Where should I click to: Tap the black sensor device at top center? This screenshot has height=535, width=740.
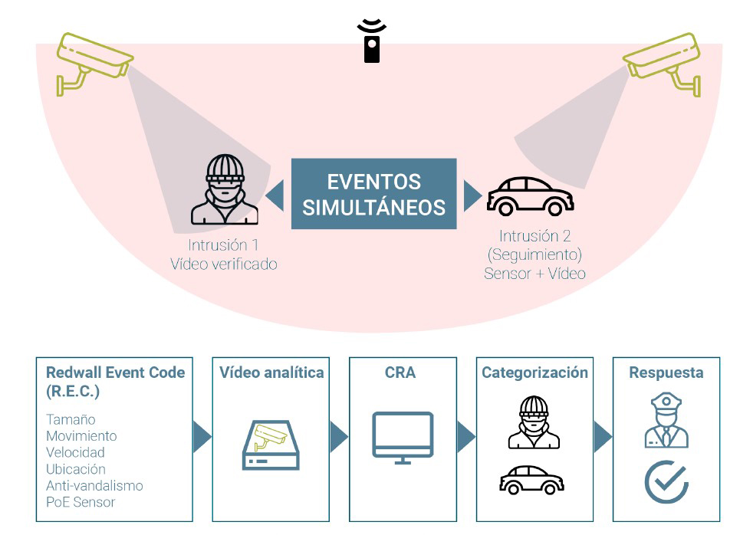point(372,41)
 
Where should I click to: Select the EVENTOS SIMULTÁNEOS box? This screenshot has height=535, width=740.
point(373,194)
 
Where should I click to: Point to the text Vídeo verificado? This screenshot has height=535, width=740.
point(223,264)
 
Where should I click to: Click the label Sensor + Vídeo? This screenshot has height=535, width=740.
point(534,273)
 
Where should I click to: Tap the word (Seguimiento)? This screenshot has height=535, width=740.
point(534,254)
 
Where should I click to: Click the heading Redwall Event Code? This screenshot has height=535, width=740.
point(115,373)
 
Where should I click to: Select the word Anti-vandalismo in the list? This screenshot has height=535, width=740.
point(94,485)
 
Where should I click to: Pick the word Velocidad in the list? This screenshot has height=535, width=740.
point(75,452)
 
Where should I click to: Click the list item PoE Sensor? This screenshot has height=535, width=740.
point(81,502)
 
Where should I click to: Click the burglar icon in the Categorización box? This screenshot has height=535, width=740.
point(534,423)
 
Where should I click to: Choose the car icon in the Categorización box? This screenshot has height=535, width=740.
point(531,481)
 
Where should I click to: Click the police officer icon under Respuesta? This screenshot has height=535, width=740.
point(666,421)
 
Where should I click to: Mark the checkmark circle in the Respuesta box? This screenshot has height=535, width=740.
point(666,481)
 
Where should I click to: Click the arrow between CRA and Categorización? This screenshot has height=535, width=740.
point(465,437)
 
